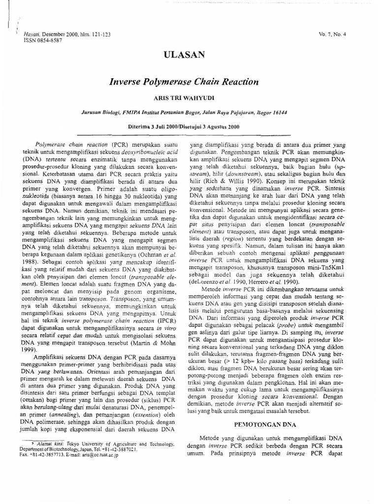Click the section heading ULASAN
(x=189, y=55)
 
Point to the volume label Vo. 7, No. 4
(x=333, y=34)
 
